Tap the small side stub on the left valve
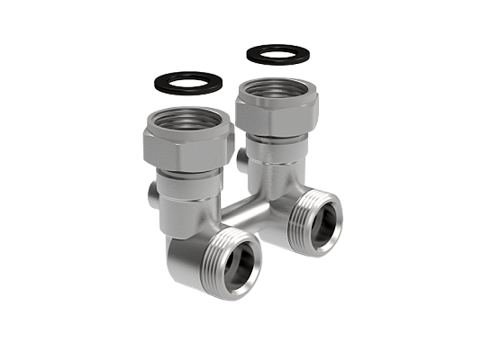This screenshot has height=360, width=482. pyautogui.click(x=150, y=197)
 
